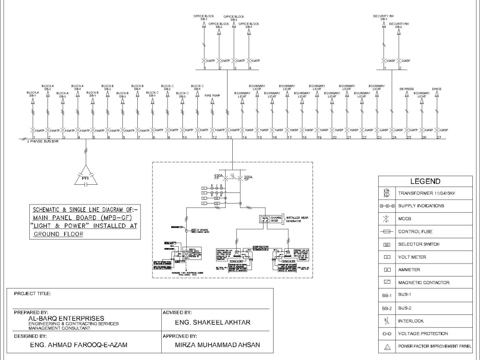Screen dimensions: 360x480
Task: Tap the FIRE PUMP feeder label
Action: [x=212, y=96]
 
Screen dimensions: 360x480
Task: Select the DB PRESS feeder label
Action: [x=407, y=89]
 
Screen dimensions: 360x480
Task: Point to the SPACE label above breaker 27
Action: [x=437, y=89]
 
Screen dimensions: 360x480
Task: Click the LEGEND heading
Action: [x=425, y=181]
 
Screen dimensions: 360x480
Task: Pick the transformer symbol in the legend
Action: [x=386, y=193]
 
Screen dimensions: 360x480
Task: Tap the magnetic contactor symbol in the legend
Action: [x=386, y=282]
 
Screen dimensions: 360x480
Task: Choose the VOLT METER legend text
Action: [x=412, y=257]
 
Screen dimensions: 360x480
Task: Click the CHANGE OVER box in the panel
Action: [x=268, y=219]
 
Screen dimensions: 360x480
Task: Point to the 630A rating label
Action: [x=218, y=176]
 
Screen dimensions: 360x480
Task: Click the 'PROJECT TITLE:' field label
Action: [x=32, y=293]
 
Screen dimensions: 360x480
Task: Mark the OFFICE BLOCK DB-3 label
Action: [x=234, y=18]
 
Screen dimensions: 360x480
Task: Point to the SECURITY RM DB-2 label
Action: [x=399, y=25]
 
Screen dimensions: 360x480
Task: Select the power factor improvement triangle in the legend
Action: [x=386, y=346]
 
